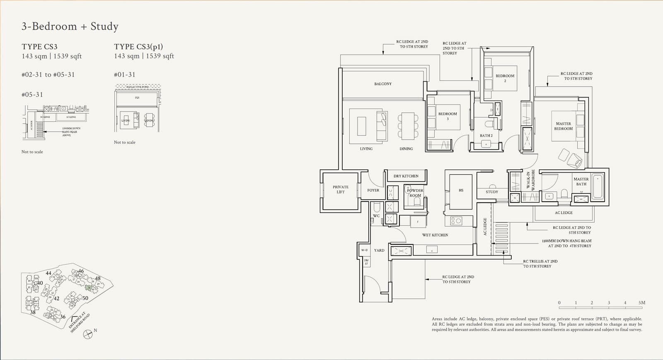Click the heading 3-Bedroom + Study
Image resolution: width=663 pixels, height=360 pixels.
(x=70, y=27)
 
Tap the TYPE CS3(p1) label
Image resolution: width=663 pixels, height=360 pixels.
(x=138, y=47)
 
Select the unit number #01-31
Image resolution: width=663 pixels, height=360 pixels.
(x=125, y=75)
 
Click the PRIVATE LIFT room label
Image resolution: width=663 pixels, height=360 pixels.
(x=341, y=189)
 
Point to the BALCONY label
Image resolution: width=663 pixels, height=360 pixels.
(x=382, y=84)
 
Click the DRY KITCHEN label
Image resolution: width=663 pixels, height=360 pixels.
(x=406, y=176)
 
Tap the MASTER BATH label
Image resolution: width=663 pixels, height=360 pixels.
(x=581, y=181)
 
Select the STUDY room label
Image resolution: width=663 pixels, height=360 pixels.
(x=492, y=192)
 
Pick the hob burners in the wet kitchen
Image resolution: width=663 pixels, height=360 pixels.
(x=456, y=221)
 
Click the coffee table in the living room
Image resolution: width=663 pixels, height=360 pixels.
(x=361, y=126)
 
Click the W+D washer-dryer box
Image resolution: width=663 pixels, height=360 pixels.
(x=364, y=250)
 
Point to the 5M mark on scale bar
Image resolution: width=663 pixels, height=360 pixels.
(x=642, y=303)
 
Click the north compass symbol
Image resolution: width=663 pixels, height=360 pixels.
(x=88, y=334)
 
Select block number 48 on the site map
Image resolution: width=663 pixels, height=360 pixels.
(x=98, y=278)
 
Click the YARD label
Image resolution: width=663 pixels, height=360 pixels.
(x=379, y=250)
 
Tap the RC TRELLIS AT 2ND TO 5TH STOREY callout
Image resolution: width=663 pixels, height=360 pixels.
(x=540, y=264)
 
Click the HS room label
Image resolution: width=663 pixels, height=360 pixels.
(x=461, y=191)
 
